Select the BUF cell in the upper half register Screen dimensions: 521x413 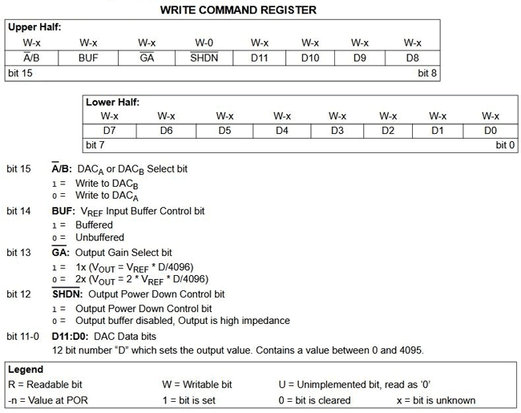[88, 58]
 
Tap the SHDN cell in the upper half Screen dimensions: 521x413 [204, 58]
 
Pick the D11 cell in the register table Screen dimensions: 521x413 [259, 58]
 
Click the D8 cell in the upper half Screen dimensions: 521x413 [412, 58]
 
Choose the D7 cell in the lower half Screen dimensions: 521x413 [111, 130]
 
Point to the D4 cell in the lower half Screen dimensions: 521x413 [281, 130]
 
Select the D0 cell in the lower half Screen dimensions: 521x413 [491, 130]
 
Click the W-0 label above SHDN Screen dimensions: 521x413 [204, 43]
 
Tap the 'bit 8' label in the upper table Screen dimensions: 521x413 [429, 72]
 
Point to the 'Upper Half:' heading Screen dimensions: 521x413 [34, 26]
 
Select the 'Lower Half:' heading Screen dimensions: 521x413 [114, 102]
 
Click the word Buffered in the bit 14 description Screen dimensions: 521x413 [95, 225]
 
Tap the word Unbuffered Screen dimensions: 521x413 [100, 237]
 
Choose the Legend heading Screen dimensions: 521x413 [26, 370]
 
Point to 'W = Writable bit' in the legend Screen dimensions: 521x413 [197, 385]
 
